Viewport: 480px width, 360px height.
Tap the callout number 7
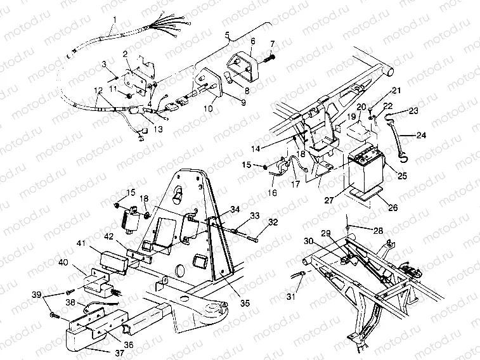(x=273, y=44)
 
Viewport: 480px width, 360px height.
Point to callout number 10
(x=208, y=109)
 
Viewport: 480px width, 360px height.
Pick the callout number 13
(x=158, y=129)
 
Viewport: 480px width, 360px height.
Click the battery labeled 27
(x=366, y=169)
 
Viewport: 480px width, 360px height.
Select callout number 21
(x=396, y=90)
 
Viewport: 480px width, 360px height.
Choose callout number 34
(x=217, y=209)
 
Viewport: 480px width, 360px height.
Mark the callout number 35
(x=245, y=303)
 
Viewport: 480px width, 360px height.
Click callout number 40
(x=63, y=262)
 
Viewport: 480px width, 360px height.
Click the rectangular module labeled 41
(x=115, y=260)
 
